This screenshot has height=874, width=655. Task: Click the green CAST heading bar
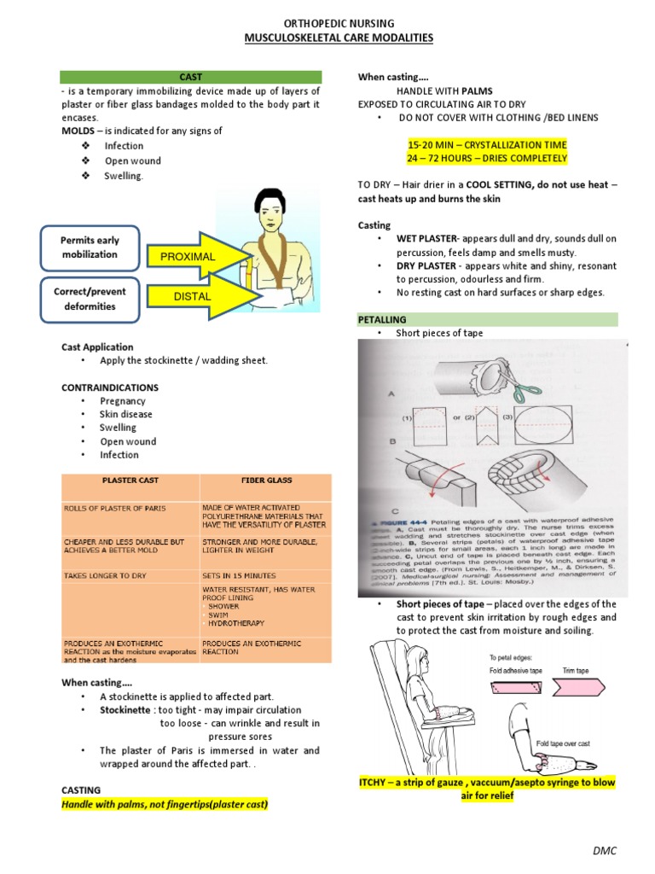point(191,77)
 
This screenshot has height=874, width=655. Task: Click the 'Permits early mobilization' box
point(89,247)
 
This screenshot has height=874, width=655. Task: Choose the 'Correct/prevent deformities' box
point(89,299)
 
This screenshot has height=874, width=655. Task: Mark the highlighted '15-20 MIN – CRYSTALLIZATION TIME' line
point(487,144)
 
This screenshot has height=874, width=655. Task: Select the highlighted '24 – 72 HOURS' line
point(487,159)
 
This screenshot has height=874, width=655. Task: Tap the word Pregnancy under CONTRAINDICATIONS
point(123,400)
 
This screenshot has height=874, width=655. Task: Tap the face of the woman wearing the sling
point(273,212)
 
